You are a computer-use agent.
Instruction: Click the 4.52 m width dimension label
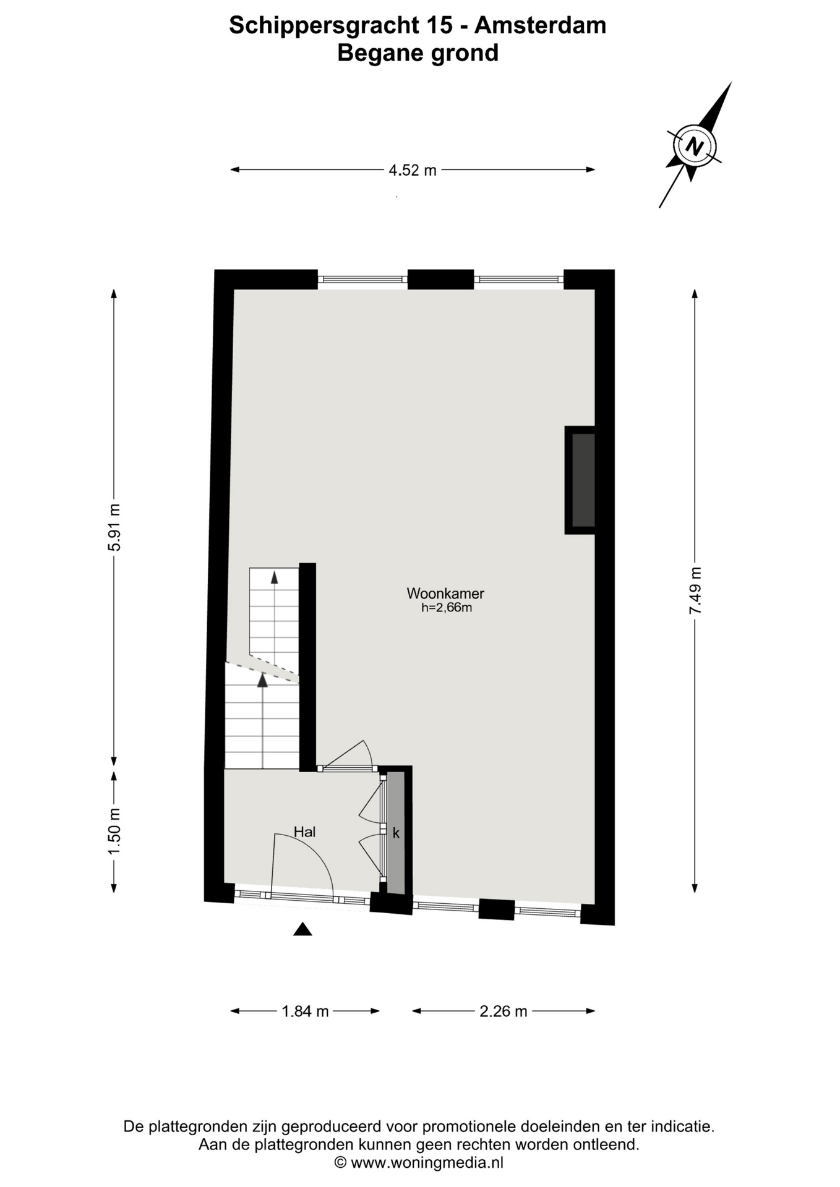(413, 170)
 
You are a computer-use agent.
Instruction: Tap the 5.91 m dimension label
(114, 527)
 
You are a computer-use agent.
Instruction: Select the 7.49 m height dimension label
(695, 590)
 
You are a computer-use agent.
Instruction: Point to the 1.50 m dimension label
(114, 832)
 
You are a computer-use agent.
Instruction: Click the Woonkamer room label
(445, 593)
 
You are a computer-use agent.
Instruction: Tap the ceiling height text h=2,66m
(447, 608)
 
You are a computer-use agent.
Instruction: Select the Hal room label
(305, 832)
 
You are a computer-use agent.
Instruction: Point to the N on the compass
(695, 147)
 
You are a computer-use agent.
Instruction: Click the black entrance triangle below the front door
(302, 929)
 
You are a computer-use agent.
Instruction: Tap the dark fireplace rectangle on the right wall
(583, 480)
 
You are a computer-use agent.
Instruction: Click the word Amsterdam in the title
(540, 25)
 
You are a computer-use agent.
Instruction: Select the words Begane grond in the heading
(418, 53)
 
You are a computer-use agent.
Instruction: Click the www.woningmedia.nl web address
(427, 1162)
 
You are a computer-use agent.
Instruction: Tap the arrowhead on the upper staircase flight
(274, 577)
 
